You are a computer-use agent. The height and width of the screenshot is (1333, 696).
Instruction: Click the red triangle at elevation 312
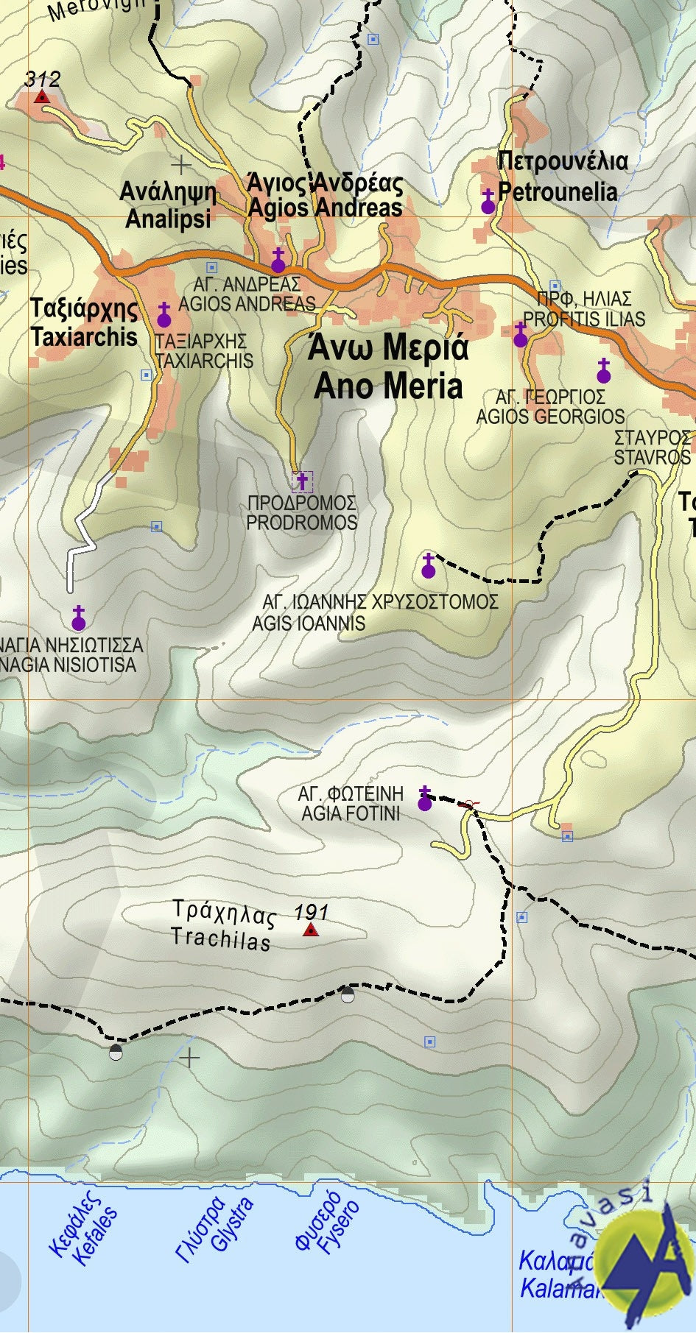[42, 96]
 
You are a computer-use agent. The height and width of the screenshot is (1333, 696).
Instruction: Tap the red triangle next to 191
[311, 930]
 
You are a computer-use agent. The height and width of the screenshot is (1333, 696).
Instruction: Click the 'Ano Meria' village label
[388, 367]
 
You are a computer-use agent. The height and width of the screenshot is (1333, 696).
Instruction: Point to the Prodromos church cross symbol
[302, 482]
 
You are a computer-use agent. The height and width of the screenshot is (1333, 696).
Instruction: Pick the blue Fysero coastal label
[327, 1224]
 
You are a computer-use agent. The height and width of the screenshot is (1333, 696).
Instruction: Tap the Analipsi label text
[168, 205]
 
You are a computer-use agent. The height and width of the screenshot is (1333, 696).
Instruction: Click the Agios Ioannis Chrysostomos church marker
[429, 567]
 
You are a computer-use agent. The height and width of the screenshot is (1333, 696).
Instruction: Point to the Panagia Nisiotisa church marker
[79, 619]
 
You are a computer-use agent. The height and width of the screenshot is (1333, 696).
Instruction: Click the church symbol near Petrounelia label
[488, 202]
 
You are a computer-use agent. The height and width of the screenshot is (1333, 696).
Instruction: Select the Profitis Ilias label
[583, 309]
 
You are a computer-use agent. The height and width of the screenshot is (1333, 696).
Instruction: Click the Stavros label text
[652, 448]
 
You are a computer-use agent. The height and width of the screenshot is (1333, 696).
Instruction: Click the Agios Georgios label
[550, 407]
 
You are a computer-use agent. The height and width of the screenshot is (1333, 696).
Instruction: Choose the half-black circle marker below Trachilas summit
[348, 995]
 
